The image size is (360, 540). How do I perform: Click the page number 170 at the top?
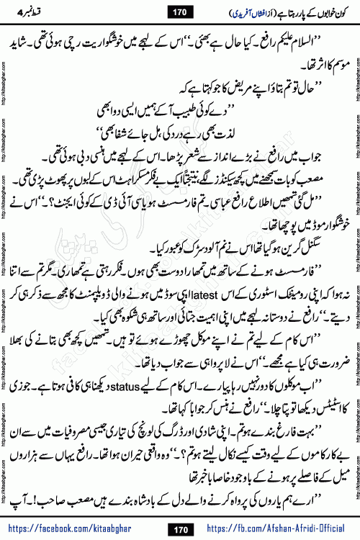[180, 12]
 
